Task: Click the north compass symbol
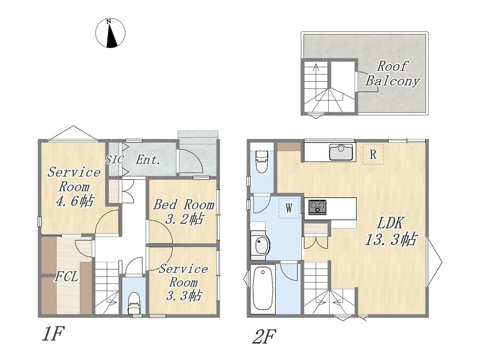[110, 33]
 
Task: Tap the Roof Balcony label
[392, 73]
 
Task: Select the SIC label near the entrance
[115, 159]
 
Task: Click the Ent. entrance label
[148, 160]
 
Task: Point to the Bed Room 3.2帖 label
[184, 211]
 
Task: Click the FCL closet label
[66, 277]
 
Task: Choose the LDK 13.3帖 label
[391, 231]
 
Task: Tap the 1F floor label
[53, 333]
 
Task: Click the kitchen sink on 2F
[341, 152]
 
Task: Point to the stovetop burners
[317, 207]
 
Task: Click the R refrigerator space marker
[373, 154]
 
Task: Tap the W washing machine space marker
[289, 208]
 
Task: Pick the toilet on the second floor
[262, 162]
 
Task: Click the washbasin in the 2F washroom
[261, 245]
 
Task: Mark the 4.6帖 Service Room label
[74, 186]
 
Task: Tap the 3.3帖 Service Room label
[183, 282]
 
